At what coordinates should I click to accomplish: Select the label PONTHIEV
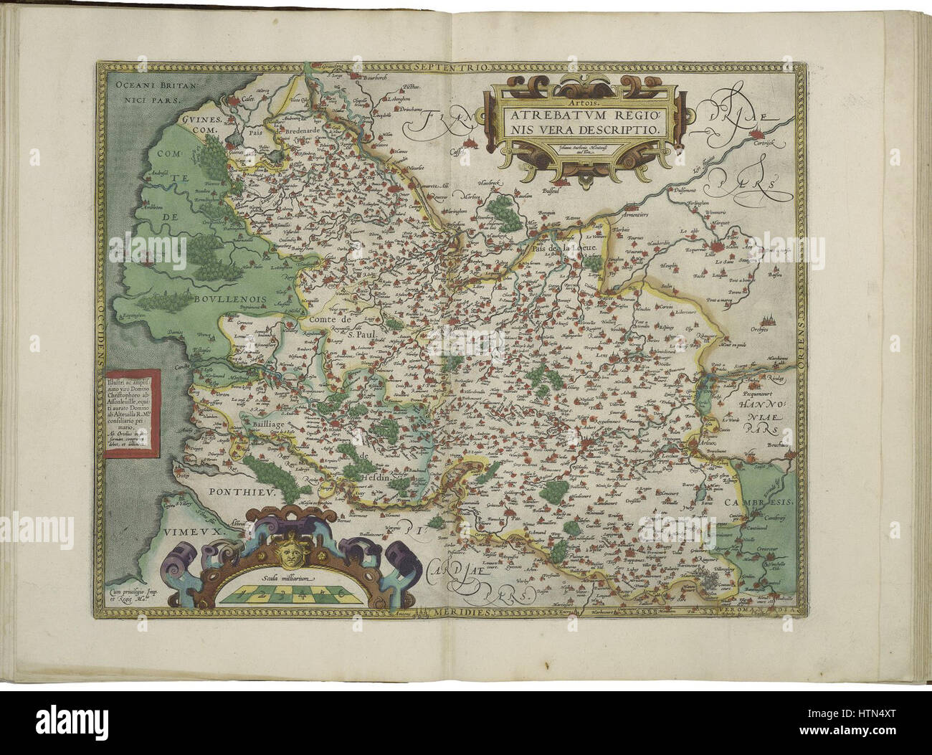(229, 492)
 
